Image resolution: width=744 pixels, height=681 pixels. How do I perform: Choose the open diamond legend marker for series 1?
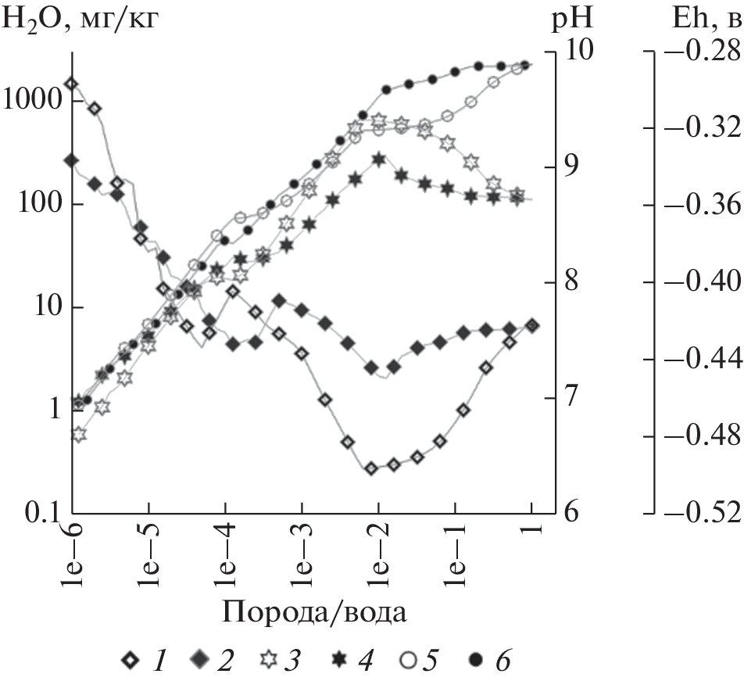[x=130, y=661]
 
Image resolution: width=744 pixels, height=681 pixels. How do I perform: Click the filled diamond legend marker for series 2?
[x=200, y=661]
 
